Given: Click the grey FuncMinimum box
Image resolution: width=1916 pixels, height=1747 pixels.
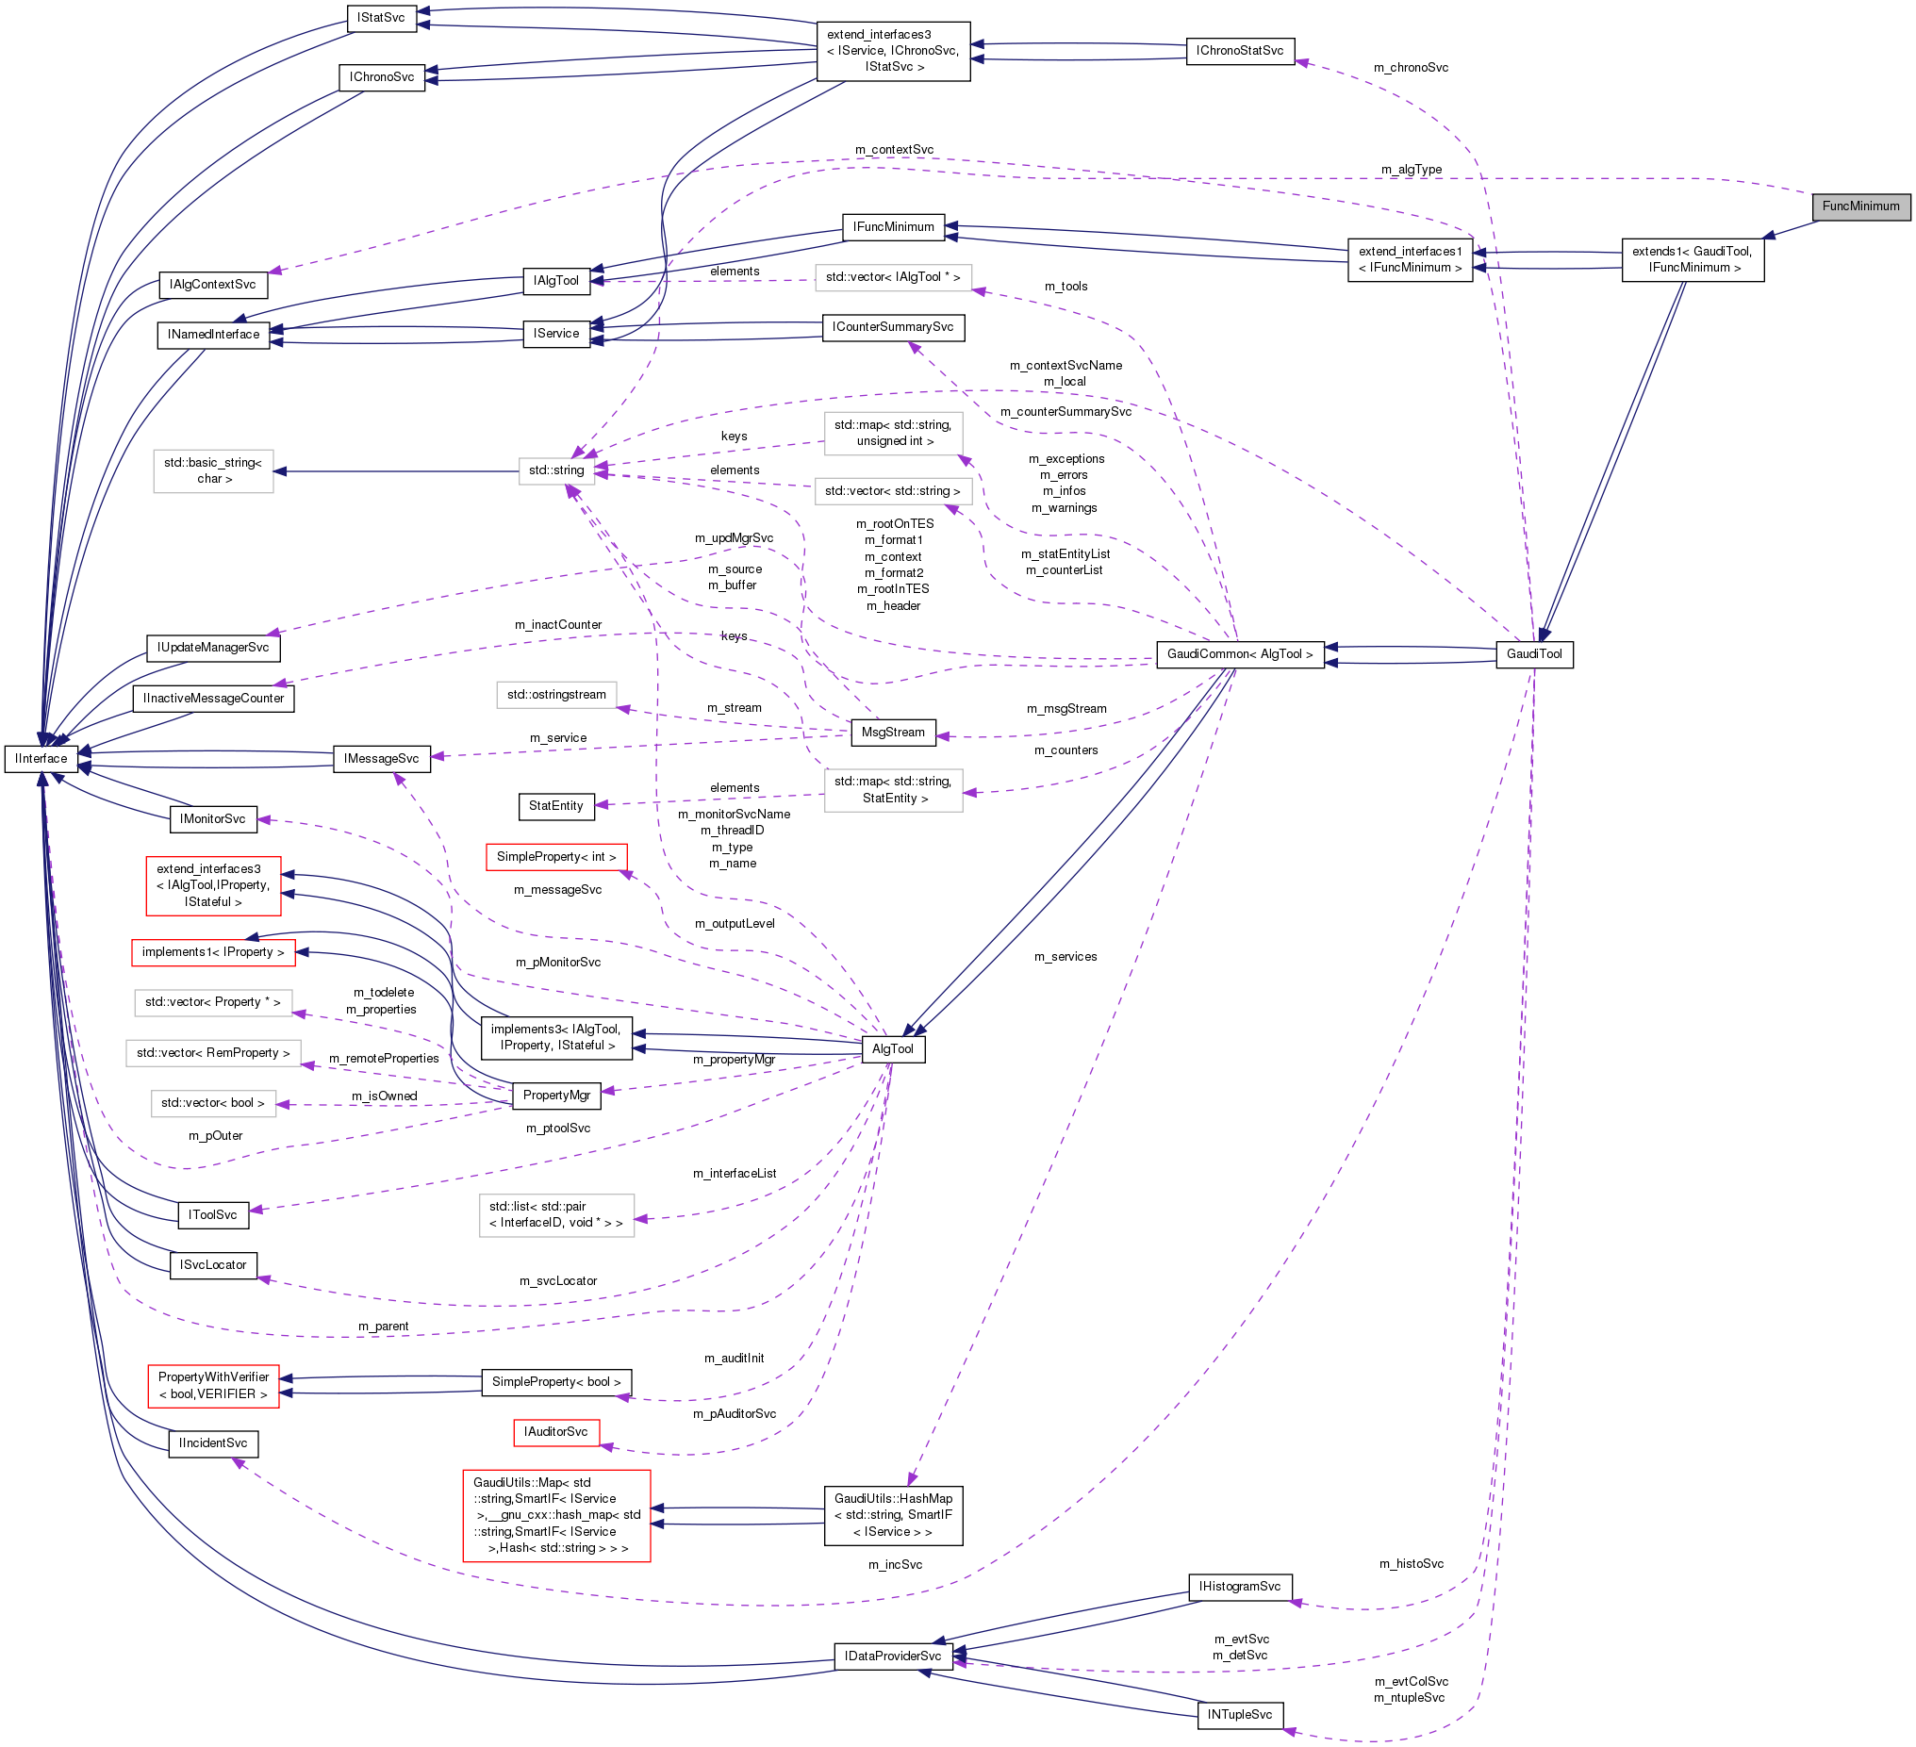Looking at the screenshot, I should click(x=1860, y=206).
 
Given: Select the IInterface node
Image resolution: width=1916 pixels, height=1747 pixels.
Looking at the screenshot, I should click(x=41, y=759).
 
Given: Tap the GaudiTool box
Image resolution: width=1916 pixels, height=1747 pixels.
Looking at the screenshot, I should click(x=1534, y=654).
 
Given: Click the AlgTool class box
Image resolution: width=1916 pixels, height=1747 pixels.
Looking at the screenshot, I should click(x=892, y=1048).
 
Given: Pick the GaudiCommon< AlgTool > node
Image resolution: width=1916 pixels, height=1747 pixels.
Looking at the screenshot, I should click(x=1239, y=654).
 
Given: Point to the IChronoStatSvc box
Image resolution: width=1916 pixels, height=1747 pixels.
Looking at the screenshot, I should click(x=1239, y=50).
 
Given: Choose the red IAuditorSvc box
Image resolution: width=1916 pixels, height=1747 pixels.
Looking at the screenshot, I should click(x=556, y=1431).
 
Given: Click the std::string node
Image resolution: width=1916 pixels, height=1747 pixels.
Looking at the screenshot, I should click(x=556, y=470).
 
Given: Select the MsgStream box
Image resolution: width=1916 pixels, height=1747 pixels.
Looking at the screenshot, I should click(x=892, y=732).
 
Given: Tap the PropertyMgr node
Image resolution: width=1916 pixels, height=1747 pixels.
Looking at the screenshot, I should click(x=556, y=1095).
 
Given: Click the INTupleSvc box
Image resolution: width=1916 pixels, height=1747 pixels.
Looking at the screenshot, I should click(x=1239, y=1715).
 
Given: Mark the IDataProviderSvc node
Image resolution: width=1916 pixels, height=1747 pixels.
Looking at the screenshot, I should click(x=892, y=1656).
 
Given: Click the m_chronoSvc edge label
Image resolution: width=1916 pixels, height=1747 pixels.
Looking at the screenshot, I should click(x=1411, y=68).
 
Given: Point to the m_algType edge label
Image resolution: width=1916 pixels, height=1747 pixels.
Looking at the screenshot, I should click(x=1411, y=169).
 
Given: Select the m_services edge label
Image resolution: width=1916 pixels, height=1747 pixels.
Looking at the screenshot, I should click(x=1065, y=956).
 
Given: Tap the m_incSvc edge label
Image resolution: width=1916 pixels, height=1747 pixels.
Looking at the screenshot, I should click(x=894, y=1564).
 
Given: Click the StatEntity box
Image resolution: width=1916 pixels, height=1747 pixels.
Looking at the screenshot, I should click(x=556, y=806).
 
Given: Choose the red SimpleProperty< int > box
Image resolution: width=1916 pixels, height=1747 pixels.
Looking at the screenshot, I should click(x=556, y=856).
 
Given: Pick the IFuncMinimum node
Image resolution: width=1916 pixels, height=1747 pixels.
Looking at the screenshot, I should click(x=892, y=227).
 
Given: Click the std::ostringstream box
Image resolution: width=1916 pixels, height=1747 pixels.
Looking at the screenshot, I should click(x=556, y=695).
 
